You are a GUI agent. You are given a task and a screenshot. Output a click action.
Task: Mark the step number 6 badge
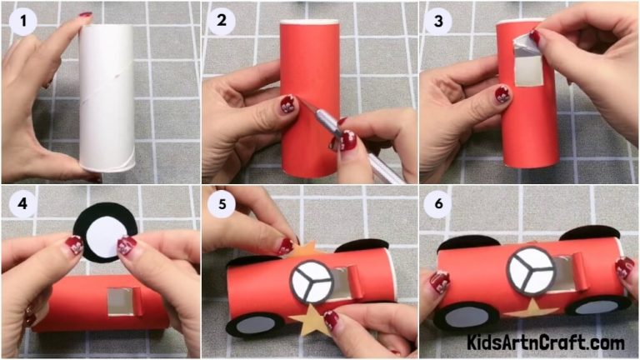(435, 203)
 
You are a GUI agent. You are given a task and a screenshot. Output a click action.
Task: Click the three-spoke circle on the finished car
(531, 269)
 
